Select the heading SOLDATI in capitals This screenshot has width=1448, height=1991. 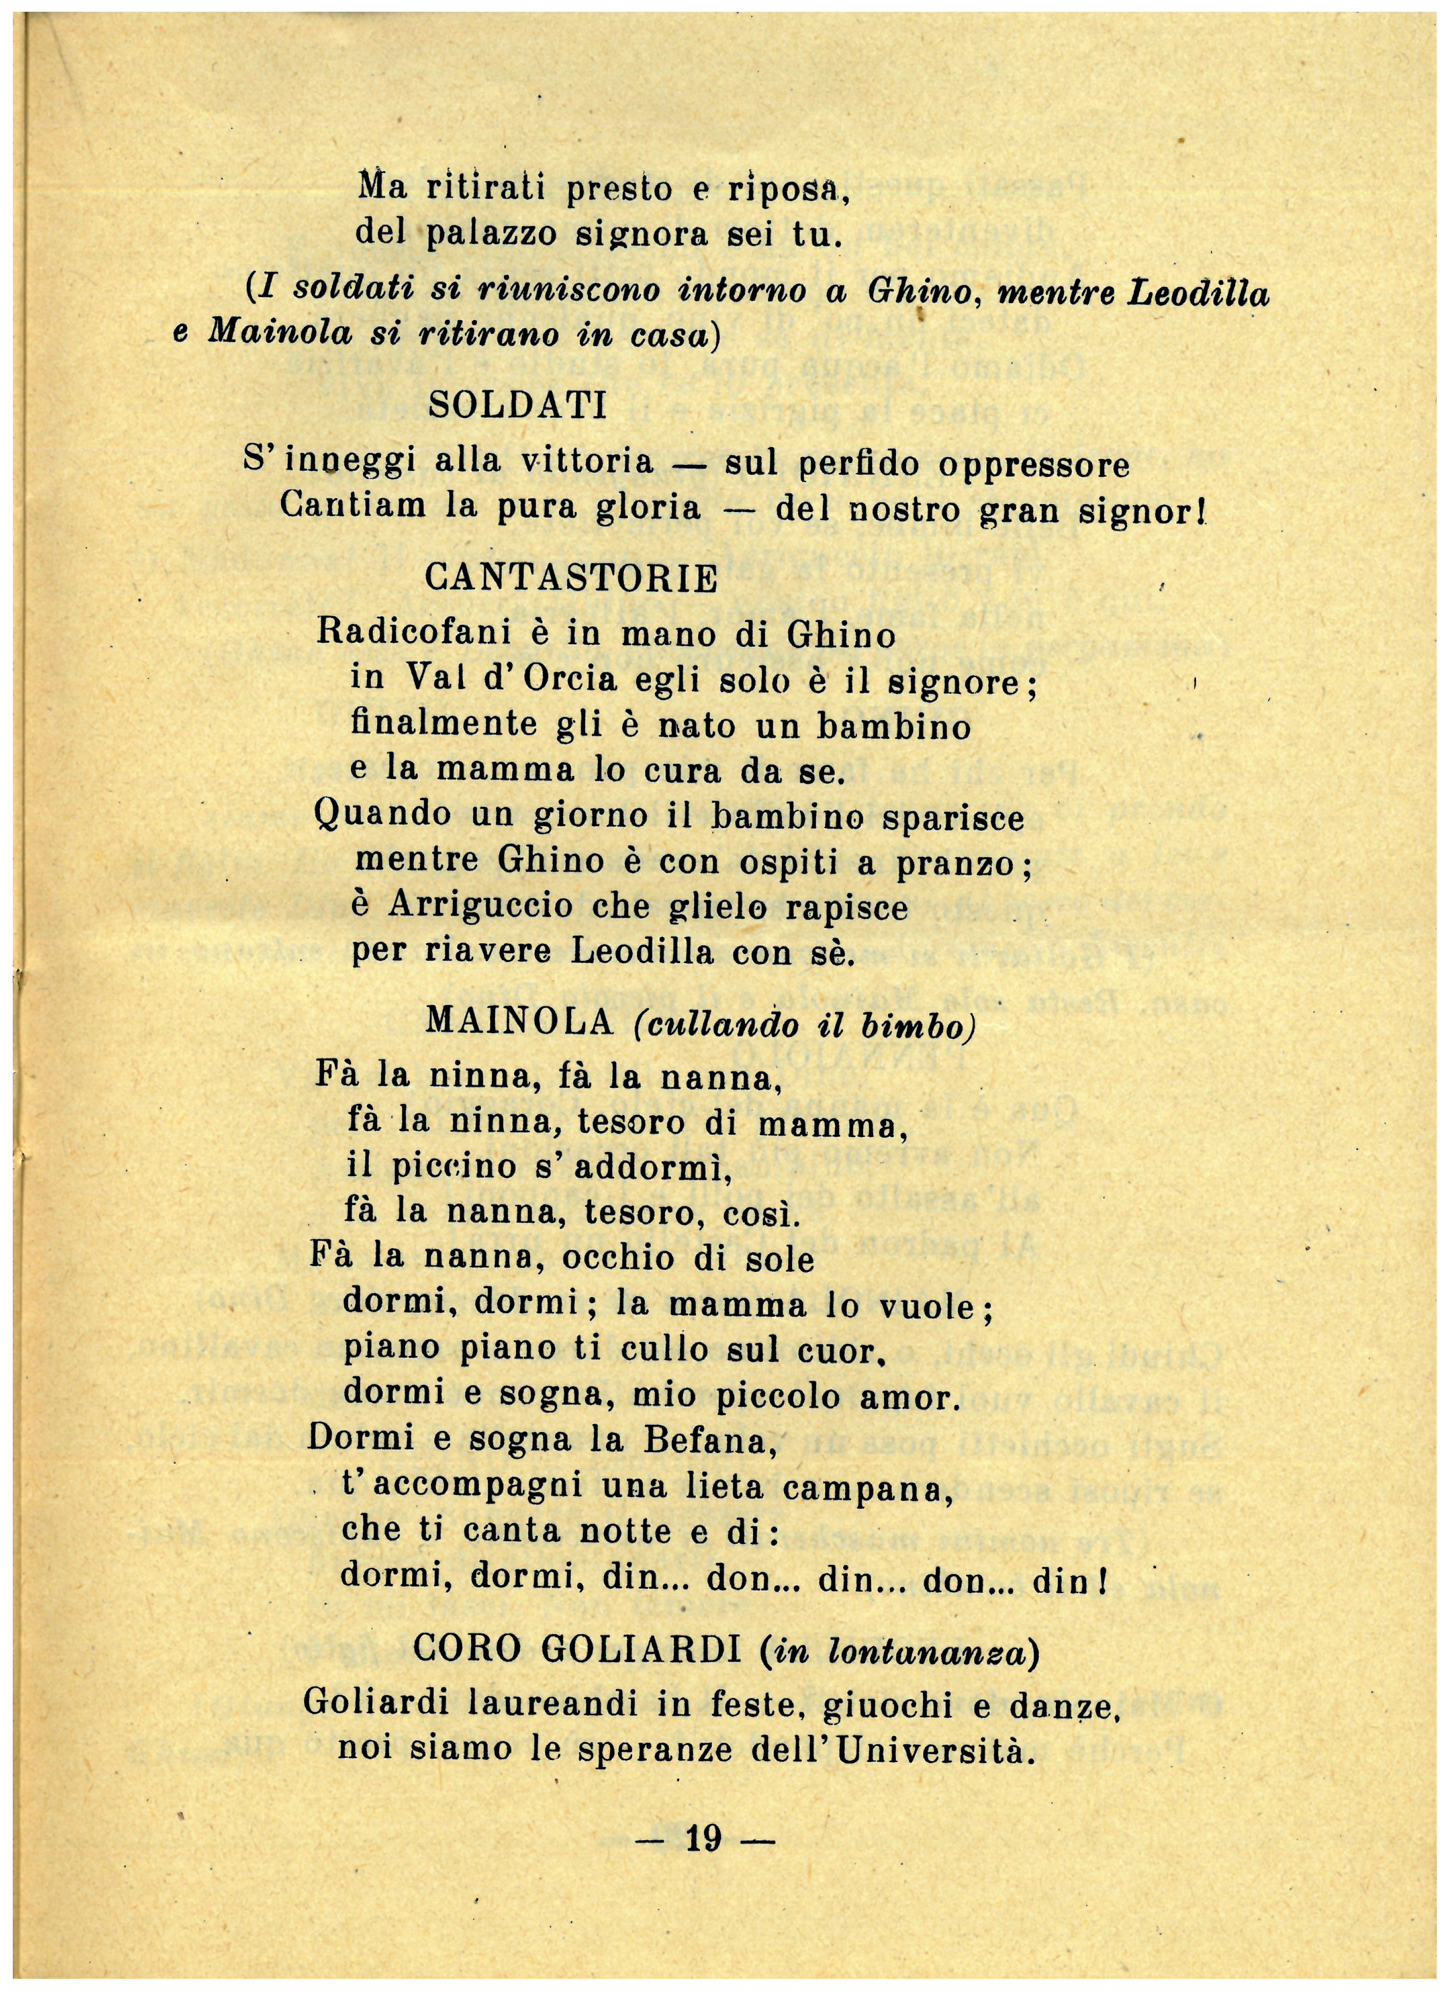point(518,406)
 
